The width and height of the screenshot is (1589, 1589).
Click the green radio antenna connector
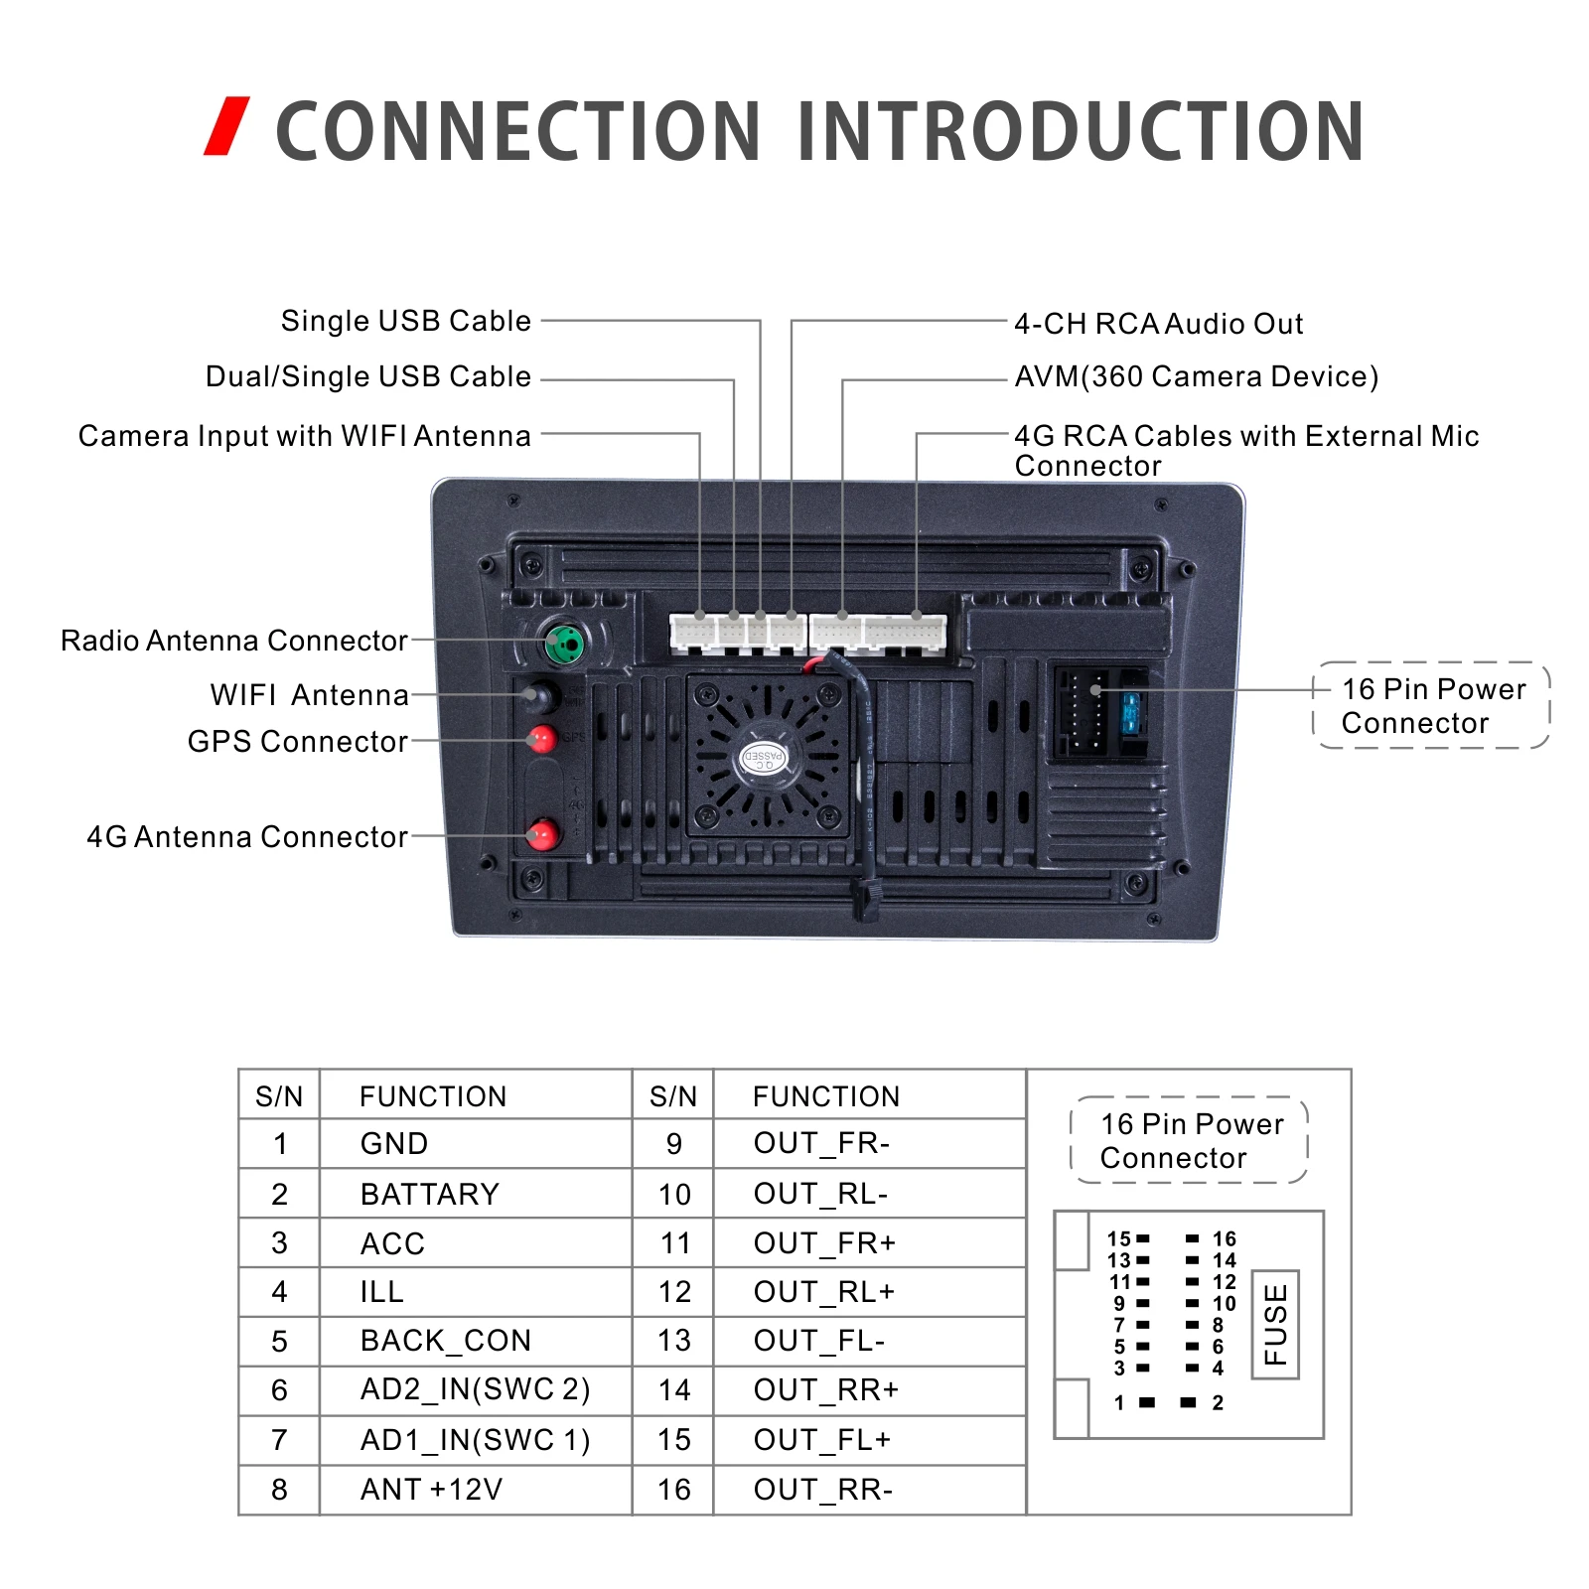click(x=565, y=645)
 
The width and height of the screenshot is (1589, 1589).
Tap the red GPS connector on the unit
click(x=542, y=739)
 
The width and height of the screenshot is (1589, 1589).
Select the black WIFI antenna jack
click(x=540, y=695)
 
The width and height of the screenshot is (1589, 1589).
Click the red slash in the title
click(x=226, y=126)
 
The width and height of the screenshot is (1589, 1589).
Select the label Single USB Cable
click(x=405, y=321)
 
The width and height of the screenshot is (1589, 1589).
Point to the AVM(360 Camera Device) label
click(x=1196, y=376)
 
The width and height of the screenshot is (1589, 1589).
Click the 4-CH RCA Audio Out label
click(x=1158, y=324)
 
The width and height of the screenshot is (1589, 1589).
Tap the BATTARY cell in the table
click(x=429, y=1194)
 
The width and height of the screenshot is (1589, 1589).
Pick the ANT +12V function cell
click(x=431, y=1489)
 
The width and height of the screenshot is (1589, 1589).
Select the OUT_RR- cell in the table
click(x=822, y=1489)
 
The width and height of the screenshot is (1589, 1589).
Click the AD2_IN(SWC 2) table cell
click(x=475, y=1389)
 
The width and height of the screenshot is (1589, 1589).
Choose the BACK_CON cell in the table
click(x=445, y=1341)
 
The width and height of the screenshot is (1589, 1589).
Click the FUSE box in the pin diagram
click(x=1275, y=1324)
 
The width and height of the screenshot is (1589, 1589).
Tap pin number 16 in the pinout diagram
click(x=1224, y=1238)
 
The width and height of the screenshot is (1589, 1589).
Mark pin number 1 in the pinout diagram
click(x=1120, y=1402)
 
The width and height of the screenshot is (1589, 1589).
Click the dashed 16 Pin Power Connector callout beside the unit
click(x=1431, y=705)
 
